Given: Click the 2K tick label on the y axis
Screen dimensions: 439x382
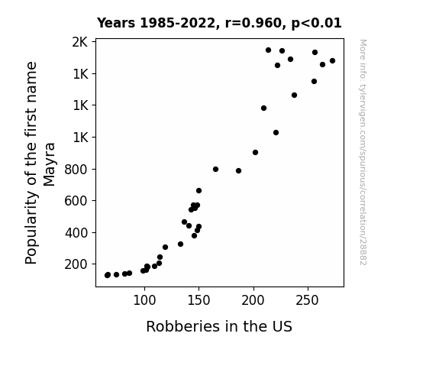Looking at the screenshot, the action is click(x=80, y=42).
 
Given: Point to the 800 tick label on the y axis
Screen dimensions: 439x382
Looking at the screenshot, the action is click(x=76, y=170).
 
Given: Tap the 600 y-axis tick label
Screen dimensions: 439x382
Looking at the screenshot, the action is click(x=76, y=201).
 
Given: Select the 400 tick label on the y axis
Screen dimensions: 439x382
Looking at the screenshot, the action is click(x=76, y=232).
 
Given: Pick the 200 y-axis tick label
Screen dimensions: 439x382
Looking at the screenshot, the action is click(x=76, y=264).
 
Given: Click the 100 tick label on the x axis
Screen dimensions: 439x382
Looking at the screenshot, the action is click(x=144, y=300).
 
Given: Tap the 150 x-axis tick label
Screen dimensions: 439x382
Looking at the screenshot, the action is click(x=199, y=300).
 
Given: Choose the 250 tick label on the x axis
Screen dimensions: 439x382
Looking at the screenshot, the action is click(x=308, y=300).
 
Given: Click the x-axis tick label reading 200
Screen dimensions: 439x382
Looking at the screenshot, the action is click(x=253, y=300).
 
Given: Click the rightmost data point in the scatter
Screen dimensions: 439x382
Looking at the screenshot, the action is click(x=332, y=61).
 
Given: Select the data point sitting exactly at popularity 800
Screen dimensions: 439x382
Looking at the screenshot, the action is click(x=215, y=170).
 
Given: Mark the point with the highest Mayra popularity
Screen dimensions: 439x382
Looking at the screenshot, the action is click(x=268, y=50).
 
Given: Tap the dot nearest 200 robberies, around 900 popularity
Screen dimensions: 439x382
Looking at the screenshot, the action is click(x=255, y=153).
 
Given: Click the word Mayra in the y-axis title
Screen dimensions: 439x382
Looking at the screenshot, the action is click(x=50, y=164).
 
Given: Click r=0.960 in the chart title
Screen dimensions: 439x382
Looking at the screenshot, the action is click(x=253, y=23).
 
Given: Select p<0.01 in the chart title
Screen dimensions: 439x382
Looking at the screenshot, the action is click(x=316, y=24).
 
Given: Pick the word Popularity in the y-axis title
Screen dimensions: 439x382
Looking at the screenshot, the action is click(x=31, y=228).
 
